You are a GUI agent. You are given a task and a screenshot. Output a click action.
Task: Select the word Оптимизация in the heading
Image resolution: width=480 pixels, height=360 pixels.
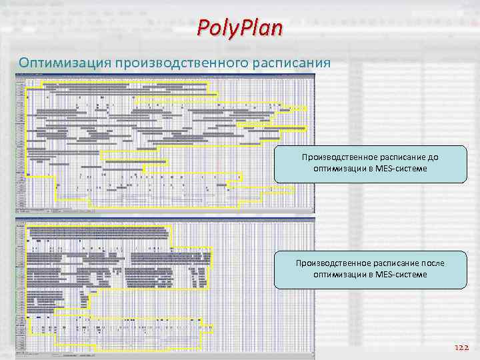[x=65, y=63]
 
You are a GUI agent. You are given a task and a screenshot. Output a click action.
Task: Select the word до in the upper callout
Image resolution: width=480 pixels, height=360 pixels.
[x=434, y=157]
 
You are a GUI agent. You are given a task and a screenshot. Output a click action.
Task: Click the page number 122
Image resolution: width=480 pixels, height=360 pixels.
[x=461, y=347]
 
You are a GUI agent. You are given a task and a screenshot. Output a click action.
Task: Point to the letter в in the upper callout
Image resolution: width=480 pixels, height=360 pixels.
[x=371, y=169]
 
